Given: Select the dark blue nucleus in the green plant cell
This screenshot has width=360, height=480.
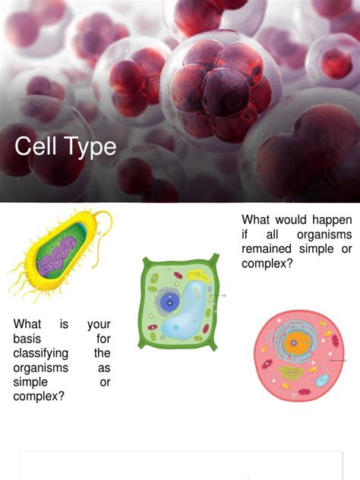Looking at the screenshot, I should pos(166,292).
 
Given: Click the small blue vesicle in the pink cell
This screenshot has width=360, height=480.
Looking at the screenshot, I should pos(322,380).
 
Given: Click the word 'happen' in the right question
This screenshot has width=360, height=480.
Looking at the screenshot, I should pos(332,220).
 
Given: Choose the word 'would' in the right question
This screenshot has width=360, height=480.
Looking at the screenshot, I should pos(294,220).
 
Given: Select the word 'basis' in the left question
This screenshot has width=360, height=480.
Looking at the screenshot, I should pos(27,339).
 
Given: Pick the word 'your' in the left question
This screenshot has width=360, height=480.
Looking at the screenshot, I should pos(99,324).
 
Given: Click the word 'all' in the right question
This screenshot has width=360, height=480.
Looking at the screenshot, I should pos(274,235).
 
